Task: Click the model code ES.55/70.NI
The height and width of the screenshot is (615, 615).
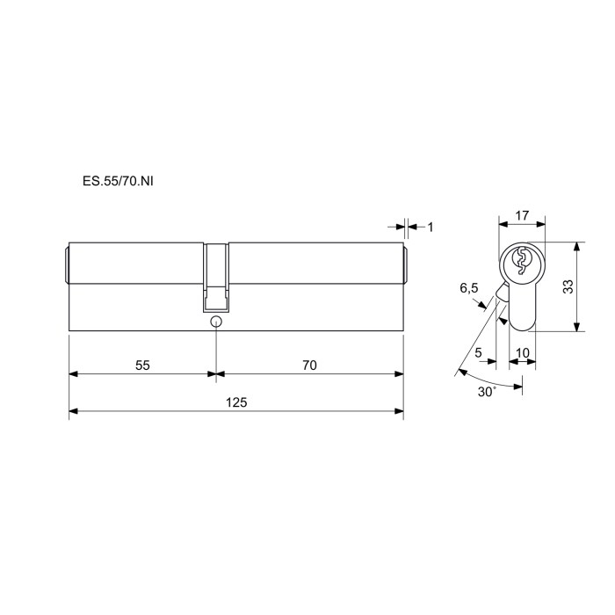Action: (118, 181)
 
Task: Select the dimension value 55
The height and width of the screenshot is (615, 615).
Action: (142, 365)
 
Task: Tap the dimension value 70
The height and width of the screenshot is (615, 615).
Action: (309, 365)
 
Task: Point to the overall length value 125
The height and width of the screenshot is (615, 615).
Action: (236, 402)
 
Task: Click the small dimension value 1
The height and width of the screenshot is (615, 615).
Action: (430, 227)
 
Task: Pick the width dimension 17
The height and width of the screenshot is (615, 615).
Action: (522, 215)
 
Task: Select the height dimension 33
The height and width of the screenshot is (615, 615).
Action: (568, 286)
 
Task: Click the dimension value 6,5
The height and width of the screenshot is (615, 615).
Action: (469, 288)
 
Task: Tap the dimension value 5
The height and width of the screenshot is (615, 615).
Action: (478, 352)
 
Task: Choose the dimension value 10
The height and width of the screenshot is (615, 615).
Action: (523, 352)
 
